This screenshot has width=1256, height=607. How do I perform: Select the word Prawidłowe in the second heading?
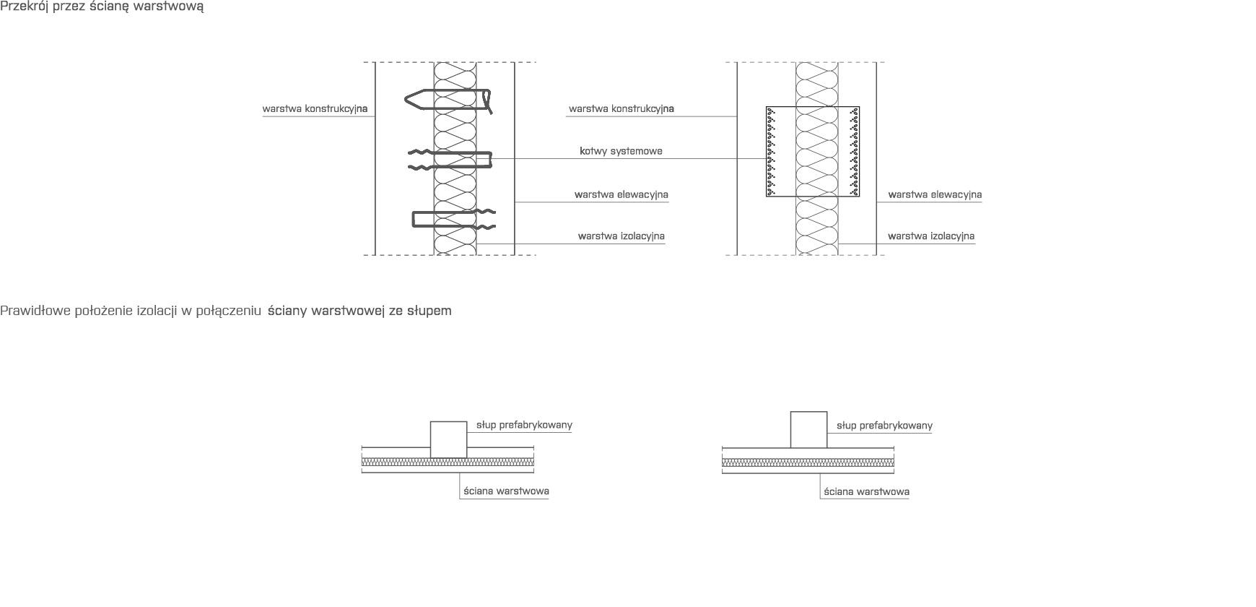[34, 311]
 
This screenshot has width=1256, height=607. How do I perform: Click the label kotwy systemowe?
[621, 151]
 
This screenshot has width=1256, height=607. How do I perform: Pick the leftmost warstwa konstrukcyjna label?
[315, 109]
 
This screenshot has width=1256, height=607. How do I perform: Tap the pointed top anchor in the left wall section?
[448, 100]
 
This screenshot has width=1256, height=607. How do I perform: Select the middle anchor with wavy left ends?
[450, 160]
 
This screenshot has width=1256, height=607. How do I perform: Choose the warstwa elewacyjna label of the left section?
[621, 194]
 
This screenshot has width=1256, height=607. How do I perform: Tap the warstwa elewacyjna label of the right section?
[935, 194]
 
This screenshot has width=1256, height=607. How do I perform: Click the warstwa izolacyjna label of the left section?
[621, 236]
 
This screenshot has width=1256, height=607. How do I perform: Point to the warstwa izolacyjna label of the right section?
[931, 236]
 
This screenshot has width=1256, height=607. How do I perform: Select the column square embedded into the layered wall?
[448, 439]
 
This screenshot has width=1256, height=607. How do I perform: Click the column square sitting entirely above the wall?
[808, 430]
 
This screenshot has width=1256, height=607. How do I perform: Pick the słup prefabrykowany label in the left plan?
[524, 425]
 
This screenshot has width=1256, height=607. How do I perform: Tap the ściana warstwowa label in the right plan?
[866, 492]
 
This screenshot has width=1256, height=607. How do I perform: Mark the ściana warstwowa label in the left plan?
[506, 491]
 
